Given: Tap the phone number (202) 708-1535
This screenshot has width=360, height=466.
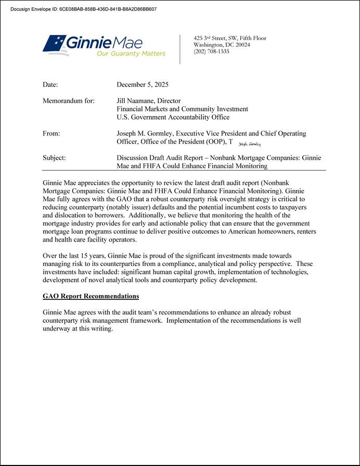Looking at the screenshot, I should tap(211, 52).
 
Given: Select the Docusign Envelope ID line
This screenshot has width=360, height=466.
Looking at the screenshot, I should tap(83, 9).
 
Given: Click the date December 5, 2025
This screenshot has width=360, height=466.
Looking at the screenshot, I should tap(143, 85).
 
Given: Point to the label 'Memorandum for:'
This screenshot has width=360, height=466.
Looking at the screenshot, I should tap(68, 101).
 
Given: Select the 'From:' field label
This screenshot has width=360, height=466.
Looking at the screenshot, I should tap(52, 134).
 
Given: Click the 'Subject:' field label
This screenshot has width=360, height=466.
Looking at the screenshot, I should tap(54, 158).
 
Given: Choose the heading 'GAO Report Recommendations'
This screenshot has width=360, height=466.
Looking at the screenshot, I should tap(91, 296).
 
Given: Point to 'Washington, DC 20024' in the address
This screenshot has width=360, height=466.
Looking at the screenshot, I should tap(222, 45).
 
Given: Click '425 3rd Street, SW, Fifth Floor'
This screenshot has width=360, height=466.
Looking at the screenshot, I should tap(229, 39).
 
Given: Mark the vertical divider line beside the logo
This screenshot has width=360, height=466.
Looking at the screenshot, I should tap(180, 49).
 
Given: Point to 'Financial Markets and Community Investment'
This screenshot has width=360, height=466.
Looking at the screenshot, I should tap(182, 109).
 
